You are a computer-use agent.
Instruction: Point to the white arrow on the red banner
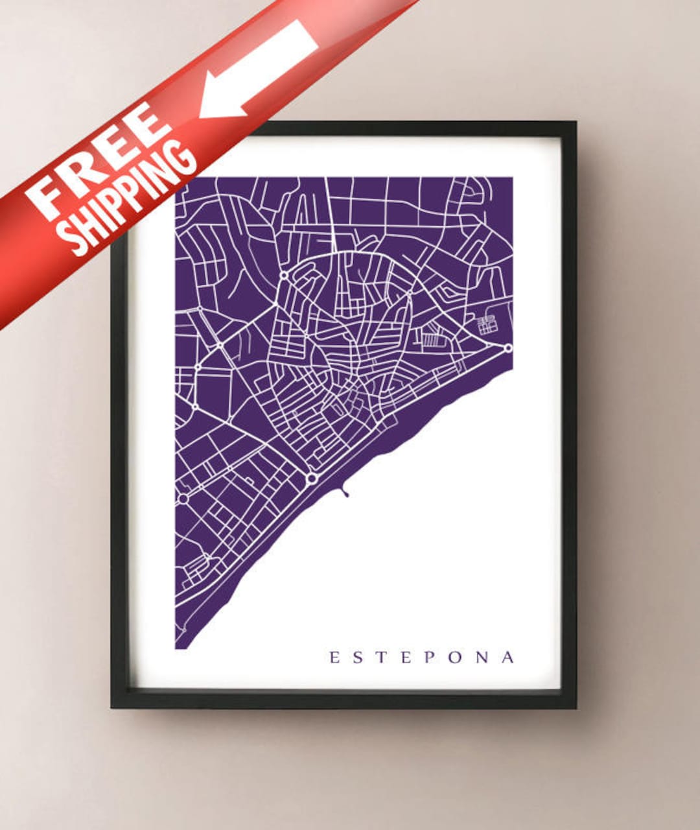click(259, 68)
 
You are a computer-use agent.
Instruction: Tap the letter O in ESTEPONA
click(456, 658)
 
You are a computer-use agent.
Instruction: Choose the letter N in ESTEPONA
click(483, 658)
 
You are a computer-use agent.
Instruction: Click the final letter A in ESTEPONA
click(508, 658)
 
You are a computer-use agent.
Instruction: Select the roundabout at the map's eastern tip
click(508, 348)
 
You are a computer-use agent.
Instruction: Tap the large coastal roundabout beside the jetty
click(312, 478)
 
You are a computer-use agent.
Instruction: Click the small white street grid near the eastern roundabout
click(487, 324)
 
